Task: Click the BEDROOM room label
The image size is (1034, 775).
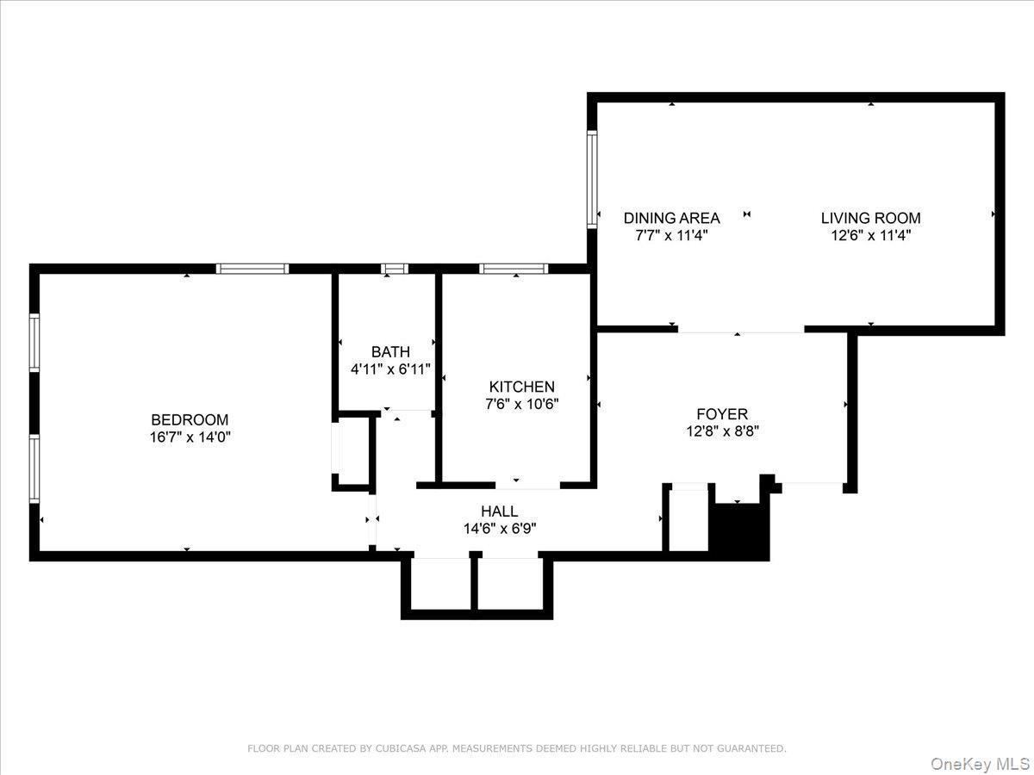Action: [190, 420]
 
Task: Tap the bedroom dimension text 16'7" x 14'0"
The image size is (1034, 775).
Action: [190, 437]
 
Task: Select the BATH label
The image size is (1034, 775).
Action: [390, 351]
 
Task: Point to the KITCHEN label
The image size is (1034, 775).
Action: [521, 387]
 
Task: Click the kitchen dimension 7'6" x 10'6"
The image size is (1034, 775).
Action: [521, 404]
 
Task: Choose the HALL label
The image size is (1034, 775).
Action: [500, 512]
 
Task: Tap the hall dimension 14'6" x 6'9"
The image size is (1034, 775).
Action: [500, 529]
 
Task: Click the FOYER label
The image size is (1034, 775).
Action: [722, 414]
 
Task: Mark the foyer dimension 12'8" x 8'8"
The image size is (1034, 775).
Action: [722, 431]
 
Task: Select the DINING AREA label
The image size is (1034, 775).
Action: [671, 218]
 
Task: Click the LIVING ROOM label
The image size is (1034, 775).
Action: [870, 218]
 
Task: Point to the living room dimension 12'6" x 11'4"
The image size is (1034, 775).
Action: [870, 235]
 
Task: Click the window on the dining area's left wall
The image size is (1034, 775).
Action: [593, 178]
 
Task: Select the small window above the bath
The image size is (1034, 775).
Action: [395, 269]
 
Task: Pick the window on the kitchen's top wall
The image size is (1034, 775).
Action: [514, 269]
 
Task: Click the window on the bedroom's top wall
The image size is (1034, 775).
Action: [252, 269]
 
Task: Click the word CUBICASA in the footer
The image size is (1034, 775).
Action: [402, 749]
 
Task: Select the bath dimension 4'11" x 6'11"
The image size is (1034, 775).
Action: [390, 369]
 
